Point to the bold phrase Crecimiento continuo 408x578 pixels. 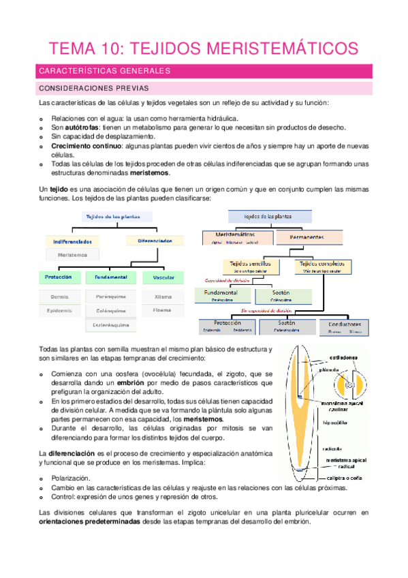click(x=87, y=146)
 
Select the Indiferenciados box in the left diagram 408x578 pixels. click(x=72, y=241)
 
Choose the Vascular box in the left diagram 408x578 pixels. click(x=163, y=277)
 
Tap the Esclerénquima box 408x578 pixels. click(x=111, y=325)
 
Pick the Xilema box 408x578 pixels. click(x=163, y=296)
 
